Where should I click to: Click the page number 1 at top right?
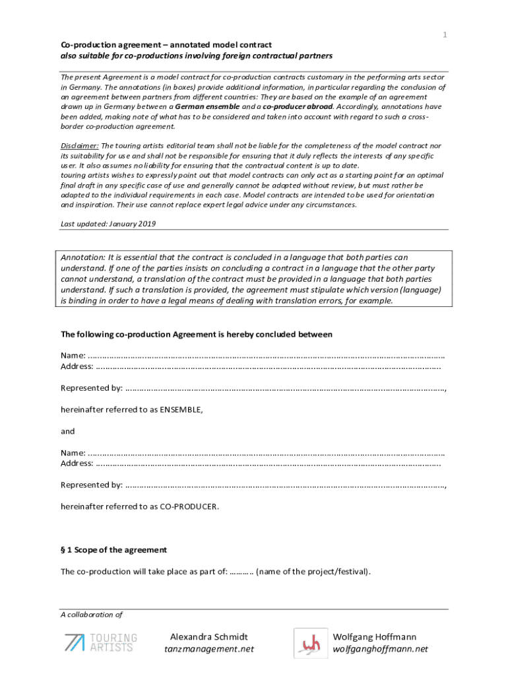(445, 34)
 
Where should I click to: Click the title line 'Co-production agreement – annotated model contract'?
(166, 45)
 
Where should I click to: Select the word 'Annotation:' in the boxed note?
(83, 257)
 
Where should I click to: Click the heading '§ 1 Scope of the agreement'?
(113, 549)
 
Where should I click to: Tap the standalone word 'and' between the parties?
(67, 431)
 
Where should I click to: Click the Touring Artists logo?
(100, 642)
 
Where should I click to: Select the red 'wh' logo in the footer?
(310, 643)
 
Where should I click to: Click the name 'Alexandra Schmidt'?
(209, 637)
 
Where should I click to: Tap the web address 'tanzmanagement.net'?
(209, 649)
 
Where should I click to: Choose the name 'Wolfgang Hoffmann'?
(375, 637)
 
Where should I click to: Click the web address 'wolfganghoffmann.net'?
(380, 649)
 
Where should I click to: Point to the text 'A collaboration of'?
(92, 614)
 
